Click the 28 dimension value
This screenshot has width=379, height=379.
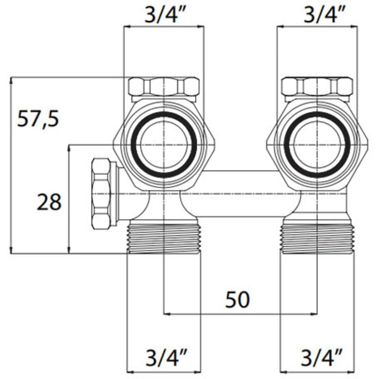click(x=49, y=203)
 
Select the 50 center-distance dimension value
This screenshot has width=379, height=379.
click(x=237, y=299)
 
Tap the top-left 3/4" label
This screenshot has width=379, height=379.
click(x=163, y=15)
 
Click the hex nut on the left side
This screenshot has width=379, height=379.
click(x=104, y=194)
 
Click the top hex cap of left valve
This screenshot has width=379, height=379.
click(x=163, y=87)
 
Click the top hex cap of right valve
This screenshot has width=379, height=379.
click(x=317, y=87)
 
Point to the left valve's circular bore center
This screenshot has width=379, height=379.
click(x=163, y=145)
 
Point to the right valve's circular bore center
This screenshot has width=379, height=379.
click(x=317, y=145)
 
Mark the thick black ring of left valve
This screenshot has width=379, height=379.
click(x=135, y=145)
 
